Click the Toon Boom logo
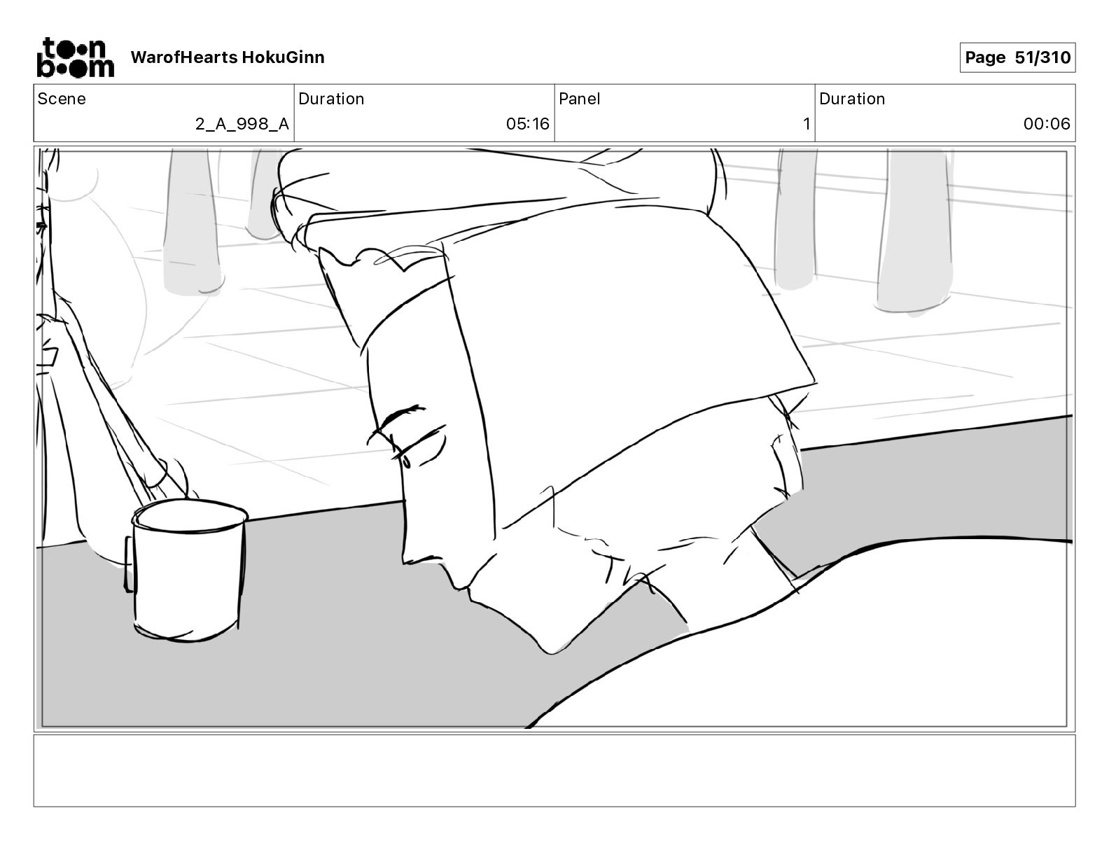(75, 57)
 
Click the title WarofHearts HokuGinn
(228, 57)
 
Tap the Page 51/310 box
(1017, 57)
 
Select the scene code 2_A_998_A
(242, 125)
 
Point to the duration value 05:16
(528, 125)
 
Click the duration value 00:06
(1047, 125)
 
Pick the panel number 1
(807, 125)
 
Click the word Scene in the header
(62, 99)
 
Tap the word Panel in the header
(580, 99)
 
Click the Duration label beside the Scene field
(331, 99)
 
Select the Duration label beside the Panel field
(852, 99)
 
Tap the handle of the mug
(130, 564)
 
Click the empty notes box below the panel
(554, 770)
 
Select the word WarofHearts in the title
(184, 57)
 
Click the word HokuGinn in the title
(283, 57)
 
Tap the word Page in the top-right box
(985, 57)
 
